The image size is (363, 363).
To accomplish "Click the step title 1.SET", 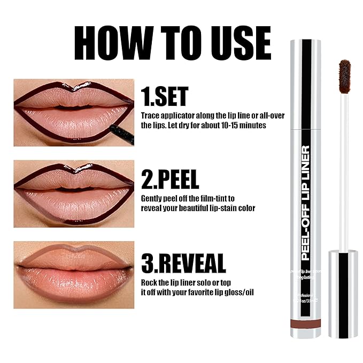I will [x=164, y=97].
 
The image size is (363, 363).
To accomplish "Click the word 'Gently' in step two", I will [x=152, y=198].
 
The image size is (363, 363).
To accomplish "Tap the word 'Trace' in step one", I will [x=151, y=115].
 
